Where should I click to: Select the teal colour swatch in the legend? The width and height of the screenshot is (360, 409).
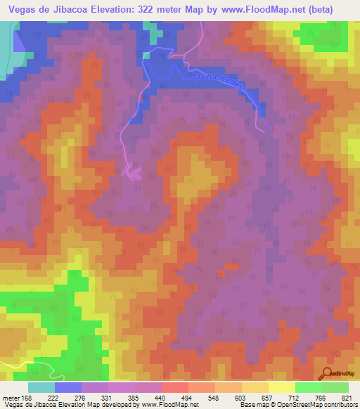41,387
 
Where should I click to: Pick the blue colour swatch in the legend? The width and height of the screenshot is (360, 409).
68,387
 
